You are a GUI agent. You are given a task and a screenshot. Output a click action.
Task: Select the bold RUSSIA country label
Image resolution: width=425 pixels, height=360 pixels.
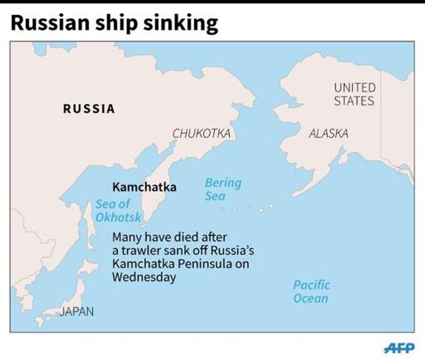(x=89, y=109)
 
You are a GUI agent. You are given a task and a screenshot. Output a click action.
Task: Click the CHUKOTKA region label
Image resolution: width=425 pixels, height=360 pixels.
(x=201, y=133)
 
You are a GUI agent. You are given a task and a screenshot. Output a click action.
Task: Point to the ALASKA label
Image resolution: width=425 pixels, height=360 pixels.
(x=329, y=133)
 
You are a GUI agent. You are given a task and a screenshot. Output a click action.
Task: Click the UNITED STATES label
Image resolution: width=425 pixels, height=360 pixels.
(x=354, y=94)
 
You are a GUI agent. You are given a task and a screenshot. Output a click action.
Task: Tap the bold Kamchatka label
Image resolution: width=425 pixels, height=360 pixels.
(x=144, y=187)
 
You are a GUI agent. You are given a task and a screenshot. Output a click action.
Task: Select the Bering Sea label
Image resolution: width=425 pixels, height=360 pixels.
(x=222, y=189)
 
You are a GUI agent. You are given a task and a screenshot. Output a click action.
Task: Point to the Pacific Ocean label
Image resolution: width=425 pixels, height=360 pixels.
(x=311, y=291)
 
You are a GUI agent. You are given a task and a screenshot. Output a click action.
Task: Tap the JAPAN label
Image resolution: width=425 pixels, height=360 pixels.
(x=76, y=311)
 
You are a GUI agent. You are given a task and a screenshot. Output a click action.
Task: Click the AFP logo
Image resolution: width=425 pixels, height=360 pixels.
(x=397, y=347)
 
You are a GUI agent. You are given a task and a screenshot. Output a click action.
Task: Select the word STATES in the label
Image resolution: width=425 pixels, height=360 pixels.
(x=354, y=101)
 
